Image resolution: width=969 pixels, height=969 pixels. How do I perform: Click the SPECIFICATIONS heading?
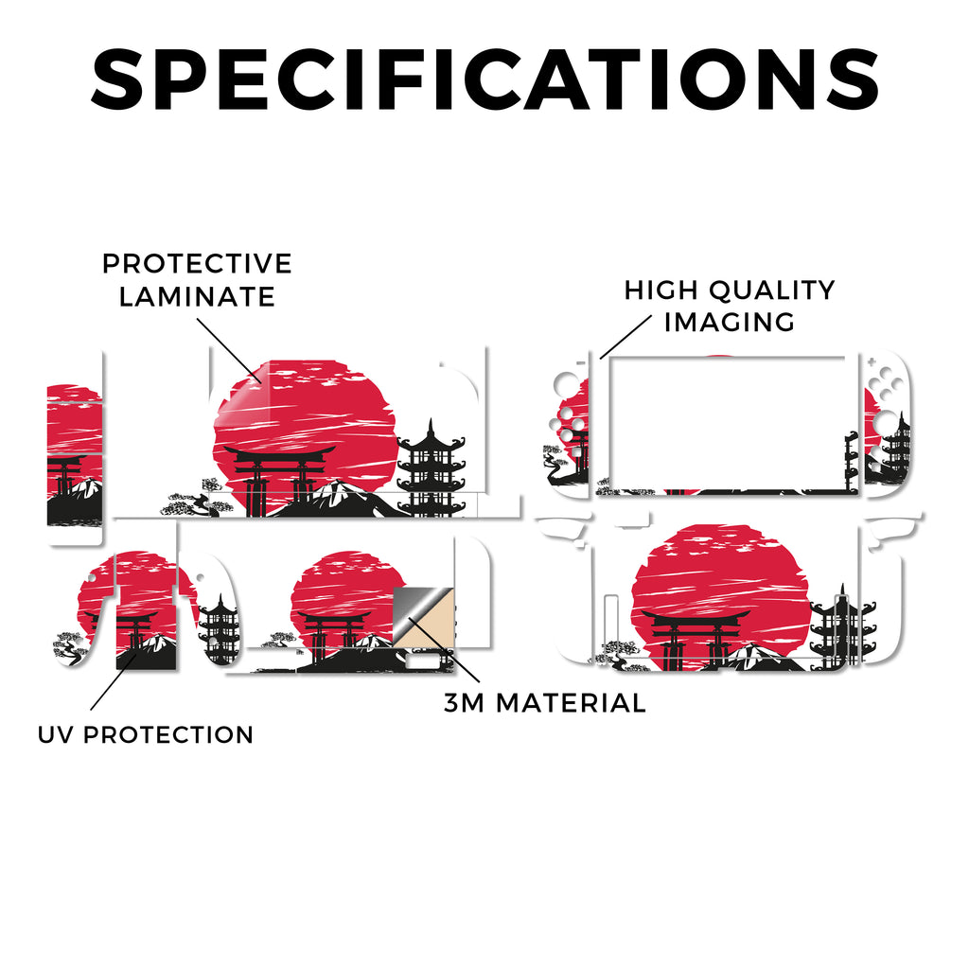coord(484,79)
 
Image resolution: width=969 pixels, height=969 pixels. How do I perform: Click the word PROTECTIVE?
coord(197,264)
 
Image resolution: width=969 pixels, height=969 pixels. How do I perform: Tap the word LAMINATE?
coord(197,296)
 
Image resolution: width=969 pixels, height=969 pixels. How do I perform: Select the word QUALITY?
coord(772,291)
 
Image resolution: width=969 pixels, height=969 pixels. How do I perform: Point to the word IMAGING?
coord(730,322)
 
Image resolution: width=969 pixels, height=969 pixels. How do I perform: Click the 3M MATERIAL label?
coord(545,703)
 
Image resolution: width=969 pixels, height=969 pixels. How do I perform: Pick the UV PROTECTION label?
coord(146,734)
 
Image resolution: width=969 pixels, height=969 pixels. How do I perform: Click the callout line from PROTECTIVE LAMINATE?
coord(229,350)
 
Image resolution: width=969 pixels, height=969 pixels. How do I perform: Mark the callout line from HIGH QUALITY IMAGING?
coord(625,337)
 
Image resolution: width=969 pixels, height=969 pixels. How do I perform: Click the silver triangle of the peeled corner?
coord(414,608)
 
